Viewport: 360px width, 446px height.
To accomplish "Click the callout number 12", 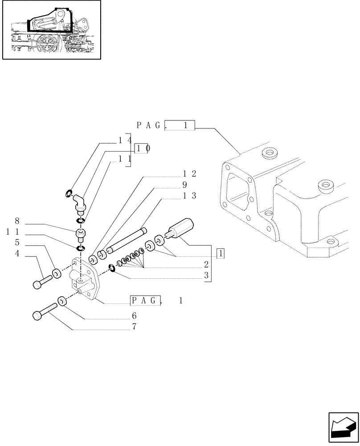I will pyautogui.click(x=190, y=173).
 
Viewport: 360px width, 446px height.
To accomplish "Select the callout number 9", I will pyautogui.click(x=185, y=184).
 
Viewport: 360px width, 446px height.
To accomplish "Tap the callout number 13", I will pyautogui.click(x=190, y=195).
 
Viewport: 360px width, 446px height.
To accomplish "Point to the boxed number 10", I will pyautogui.click(x=141, y=149).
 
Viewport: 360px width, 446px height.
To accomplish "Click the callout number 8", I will pyautogui.click(x=17, y=221).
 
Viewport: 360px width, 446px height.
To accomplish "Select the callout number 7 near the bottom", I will pyautogui.click(x=134, y=326).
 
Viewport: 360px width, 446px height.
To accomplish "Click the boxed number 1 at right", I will pyautogui.click(x=221, y=254).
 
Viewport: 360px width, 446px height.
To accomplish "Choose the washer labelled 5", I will pyautogui.click(x=57, y=273).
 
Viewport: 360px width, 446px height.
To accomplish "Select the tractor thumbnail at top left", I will pyautogui.click(x=51, y=30).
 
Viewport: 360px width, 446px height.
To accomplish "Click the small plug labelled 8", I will pyautogui.click(x=81, y=233).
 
